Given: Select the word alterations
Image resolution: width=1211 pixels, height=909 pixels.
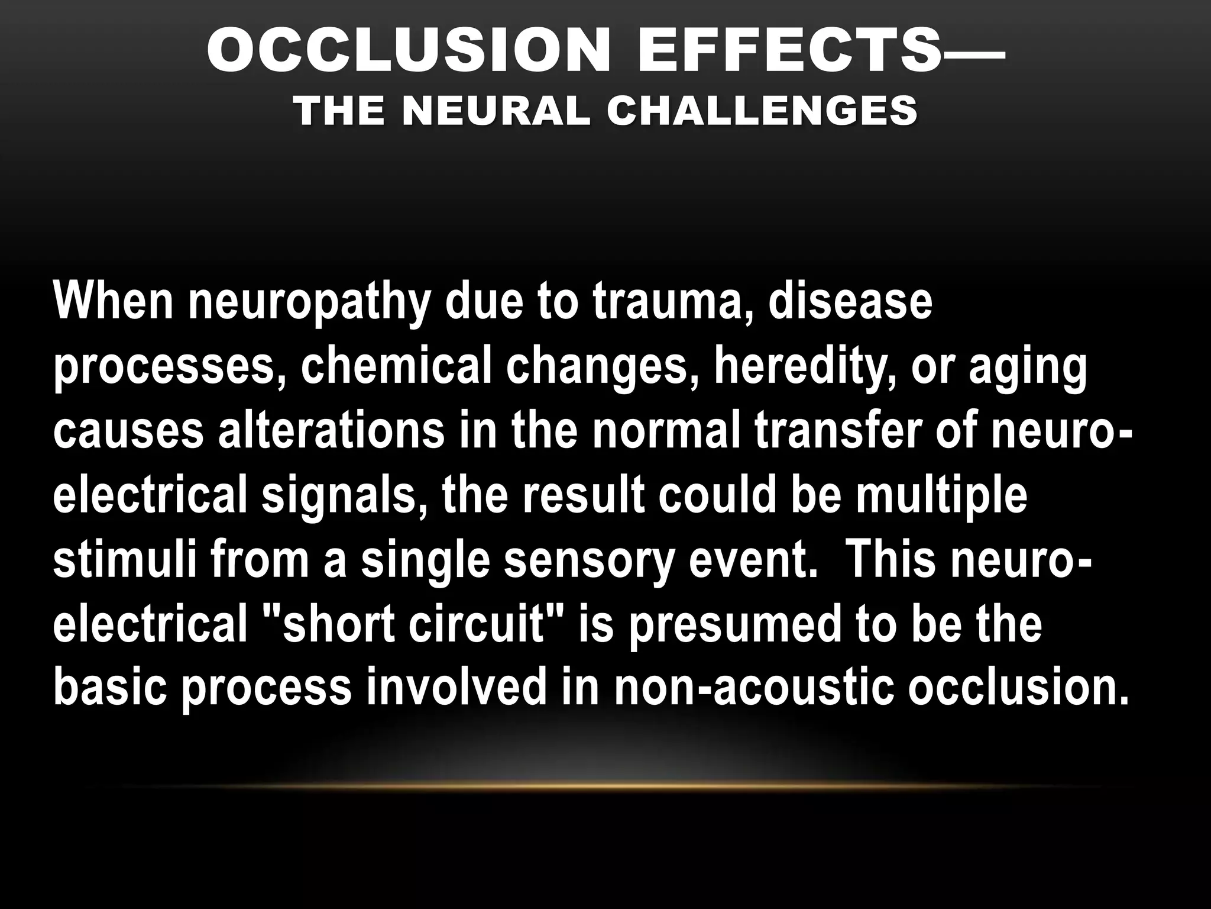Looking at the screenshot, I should click(x=331, y=430).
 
